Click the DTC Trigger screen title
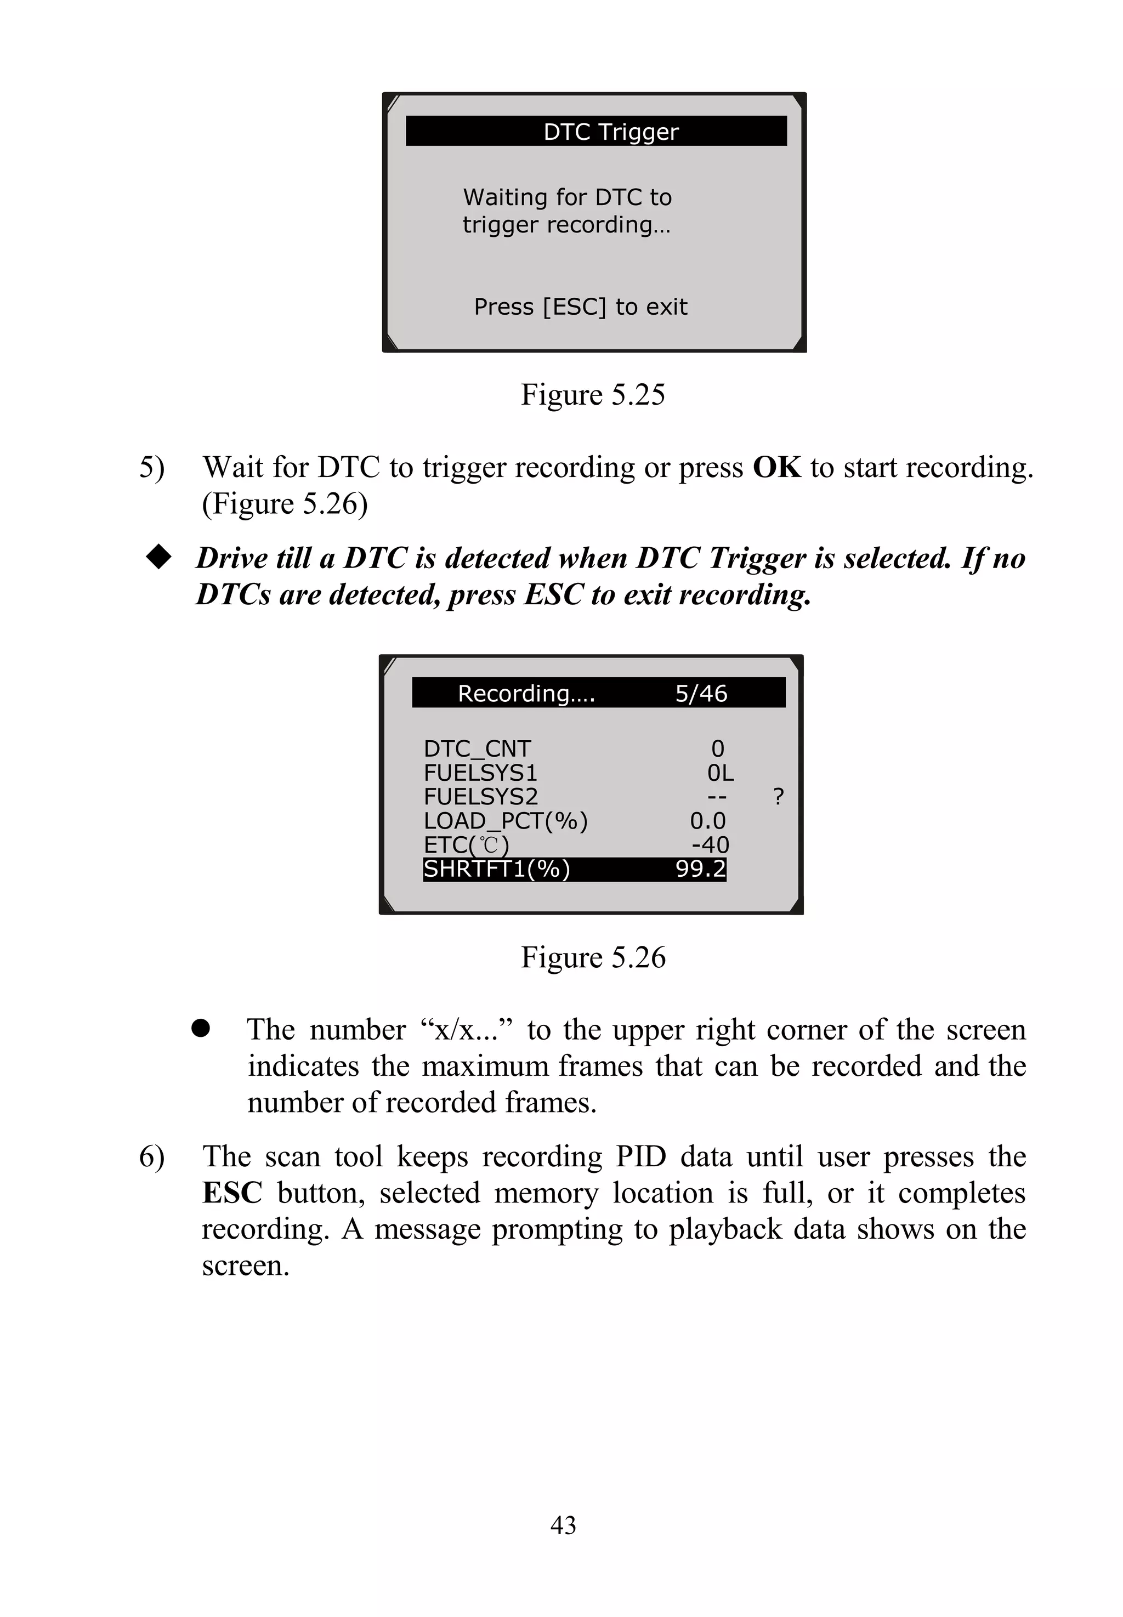tap(610, 132)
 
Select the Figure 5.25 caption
tap(592, 395)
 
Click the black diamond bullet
tap(158, 557)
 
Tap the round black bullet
tap(201, 1028)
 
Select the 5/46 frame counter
tap(701, 694)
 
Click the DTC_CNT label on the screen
tap(477, 748)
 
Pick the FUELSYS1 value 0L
tap(720, 773)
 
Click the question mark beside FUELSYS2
tap(778, 797)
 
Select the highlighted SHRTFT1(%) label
tap(496, 869)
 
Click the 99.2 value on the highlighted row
tap(700, 869)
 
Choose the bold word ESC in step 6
tap(231, 1193)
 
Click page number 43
tap(563, 1525)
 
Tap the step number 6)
tap(151, 1157)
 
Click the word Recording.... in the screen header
tap(526, 694)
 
